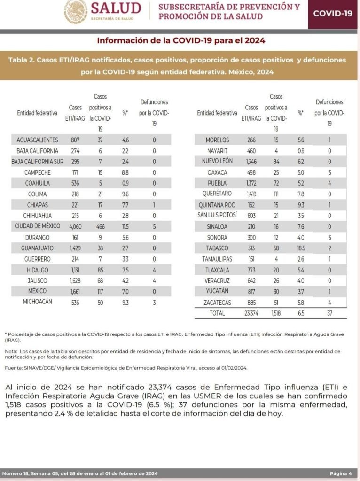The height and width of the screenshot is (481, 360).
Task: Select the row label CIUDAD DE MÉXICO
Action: [37, 226]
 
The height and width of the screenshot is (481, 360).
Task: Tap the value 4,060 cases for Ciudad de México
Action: [75, 226]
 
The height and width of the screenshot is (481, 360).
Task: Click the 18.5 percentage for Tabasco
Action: [301, 248]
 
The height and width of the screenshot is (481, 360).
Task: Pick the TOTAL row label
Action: [217, 313]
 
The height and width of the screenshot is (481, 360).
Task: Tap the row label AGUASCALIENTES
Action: [37, 140]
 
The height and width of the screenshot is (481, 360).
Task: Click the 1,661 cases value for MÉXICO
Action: [75, 291]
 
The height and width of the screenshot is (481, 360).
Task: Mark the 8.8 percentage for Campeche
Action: [125, 172]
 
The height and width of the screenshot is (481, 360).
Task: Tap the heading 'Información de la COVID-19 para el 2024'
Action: [181, 40]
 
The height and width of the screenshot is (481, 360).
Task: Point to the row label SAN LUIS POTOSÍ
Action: [217, 215]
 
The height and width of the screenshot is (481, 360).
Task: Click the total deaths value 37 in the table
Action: [329, 313]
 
